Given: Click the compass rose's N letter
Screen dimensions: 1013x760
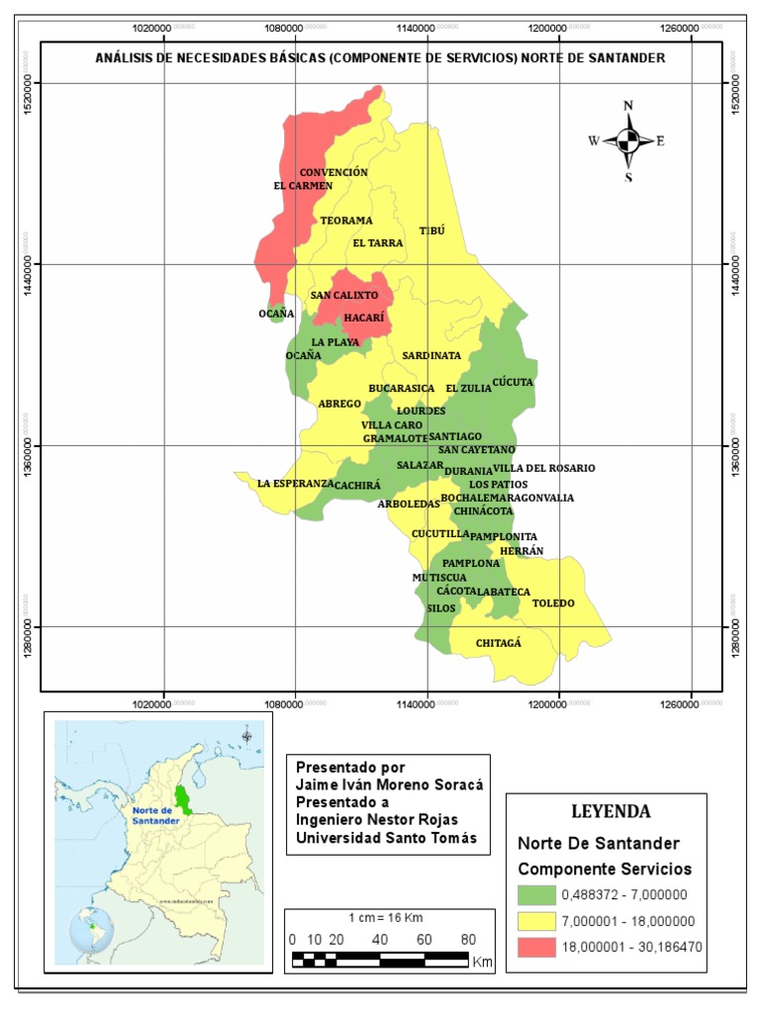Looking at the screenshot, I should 627,106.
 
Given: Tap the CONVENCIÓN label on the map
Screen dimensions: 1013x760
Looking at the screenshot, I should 333,172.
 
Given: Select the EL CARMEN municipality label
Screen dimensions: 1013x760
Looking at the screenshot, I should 303,185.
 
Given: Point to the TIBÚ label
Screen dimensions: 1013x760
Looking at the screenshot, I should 432,230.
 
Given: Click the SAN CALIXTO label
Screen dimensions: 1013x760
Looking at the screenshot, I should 344,295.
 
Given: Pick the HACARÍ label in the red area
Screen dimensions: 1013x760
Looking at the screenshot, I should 363,318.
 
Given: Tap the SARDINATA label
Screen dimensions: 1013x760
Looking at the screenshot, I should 431,355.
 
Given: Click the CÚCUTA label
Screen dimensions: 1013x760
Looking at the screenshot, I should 513,381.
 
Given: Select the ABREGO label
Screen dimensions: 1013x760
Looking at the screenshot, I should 339,404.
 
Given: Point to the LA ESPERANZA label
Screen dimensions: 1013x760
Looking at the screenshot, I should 295,484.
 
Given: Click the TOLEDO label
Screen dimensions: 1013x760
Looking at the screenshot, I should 553,602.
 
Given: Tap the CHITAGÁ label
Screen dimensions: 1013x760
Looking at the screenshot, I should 498,643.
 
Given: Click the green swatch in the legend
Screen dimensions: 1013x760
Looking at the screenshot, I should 535,895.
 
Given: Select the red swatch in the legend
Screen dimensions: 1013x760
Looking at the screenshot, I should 535,947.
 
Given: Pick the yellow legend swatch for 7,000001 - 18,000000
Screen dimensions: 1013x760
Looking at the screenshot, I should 535,921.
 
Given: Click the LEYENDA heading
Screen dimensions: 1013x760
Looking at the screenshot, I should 611,812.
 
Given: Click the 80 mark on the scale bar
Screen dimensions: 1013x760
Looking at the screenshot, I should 468,939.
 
